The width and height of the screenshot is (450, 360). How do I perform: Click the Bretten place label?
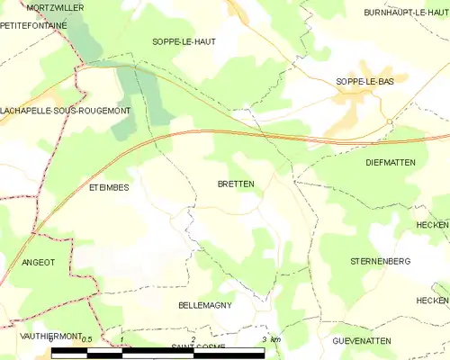pyautogui.click(x=236, y=184)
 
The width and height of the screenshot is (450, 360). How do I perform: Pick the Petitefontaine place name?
pyautogui.click(x=33, y=26)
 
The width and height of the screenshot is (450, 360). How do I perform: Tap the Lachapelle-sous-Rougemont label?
pyautogui.click(x=65, y=111)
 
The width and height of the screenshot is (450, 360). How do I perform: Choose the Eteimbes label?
pyautogui.click(x=109, y=187)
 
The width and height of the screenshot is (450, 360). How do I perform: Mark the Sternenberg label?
pyautogui.click(x=380, y=261)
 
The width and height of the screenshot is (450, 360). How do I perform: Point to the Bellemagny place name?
pyautogui.click(x=205, y=305)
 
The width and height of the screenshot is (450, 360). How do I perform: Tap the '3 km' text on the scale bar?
pyautogui.click(x=270, y=339)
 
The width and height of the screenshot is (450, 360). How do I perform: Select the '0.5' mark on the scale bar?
pyautogui.click(x=87, y=339)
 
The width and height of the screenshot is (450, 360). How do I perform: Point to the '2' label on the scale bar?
pyautogui.click(x=193, y=339)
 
